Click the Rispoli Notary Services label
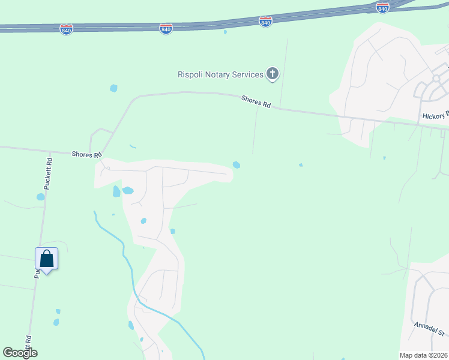click(x=220, y=74)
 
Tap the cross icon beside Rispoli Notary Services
click(x=273, y=74)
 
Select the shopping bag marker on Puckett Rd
click(x=47, y=259)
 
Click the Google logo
click(x=20, y=353)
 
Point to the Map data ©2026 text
click(x=423, y=355)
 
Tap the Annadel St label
click(x=428, y=329)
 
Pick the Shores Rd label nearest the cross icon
click(x=256, y=101)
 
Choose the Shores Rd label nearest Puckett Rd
click(x=85, y=154)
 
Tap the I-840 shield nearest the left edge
click(x=67, y=29)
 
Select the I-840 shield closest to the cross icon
click(x=265, y=22)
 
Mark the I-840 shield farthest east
click(x=382, y=7)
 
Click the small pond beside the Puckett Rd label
click(x=40, y=196)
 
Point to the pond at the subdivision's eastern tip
click(x=237, y=165)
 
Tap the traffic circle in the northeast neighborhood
click(x=436, y=79)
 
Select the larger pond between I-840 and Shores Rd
click(x=113, y=89)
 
